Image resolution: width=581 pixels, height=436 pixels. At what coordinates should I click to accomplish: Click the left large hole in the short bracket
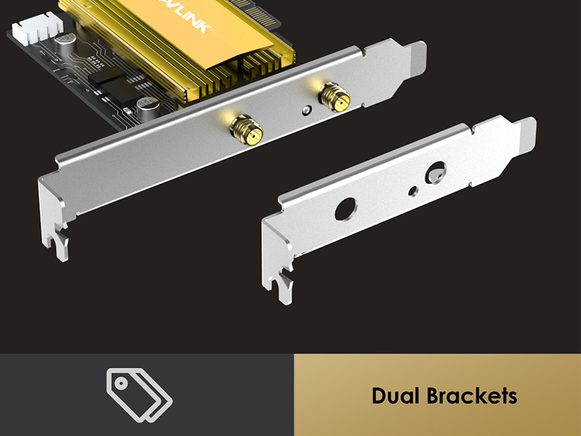point(344,209)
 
